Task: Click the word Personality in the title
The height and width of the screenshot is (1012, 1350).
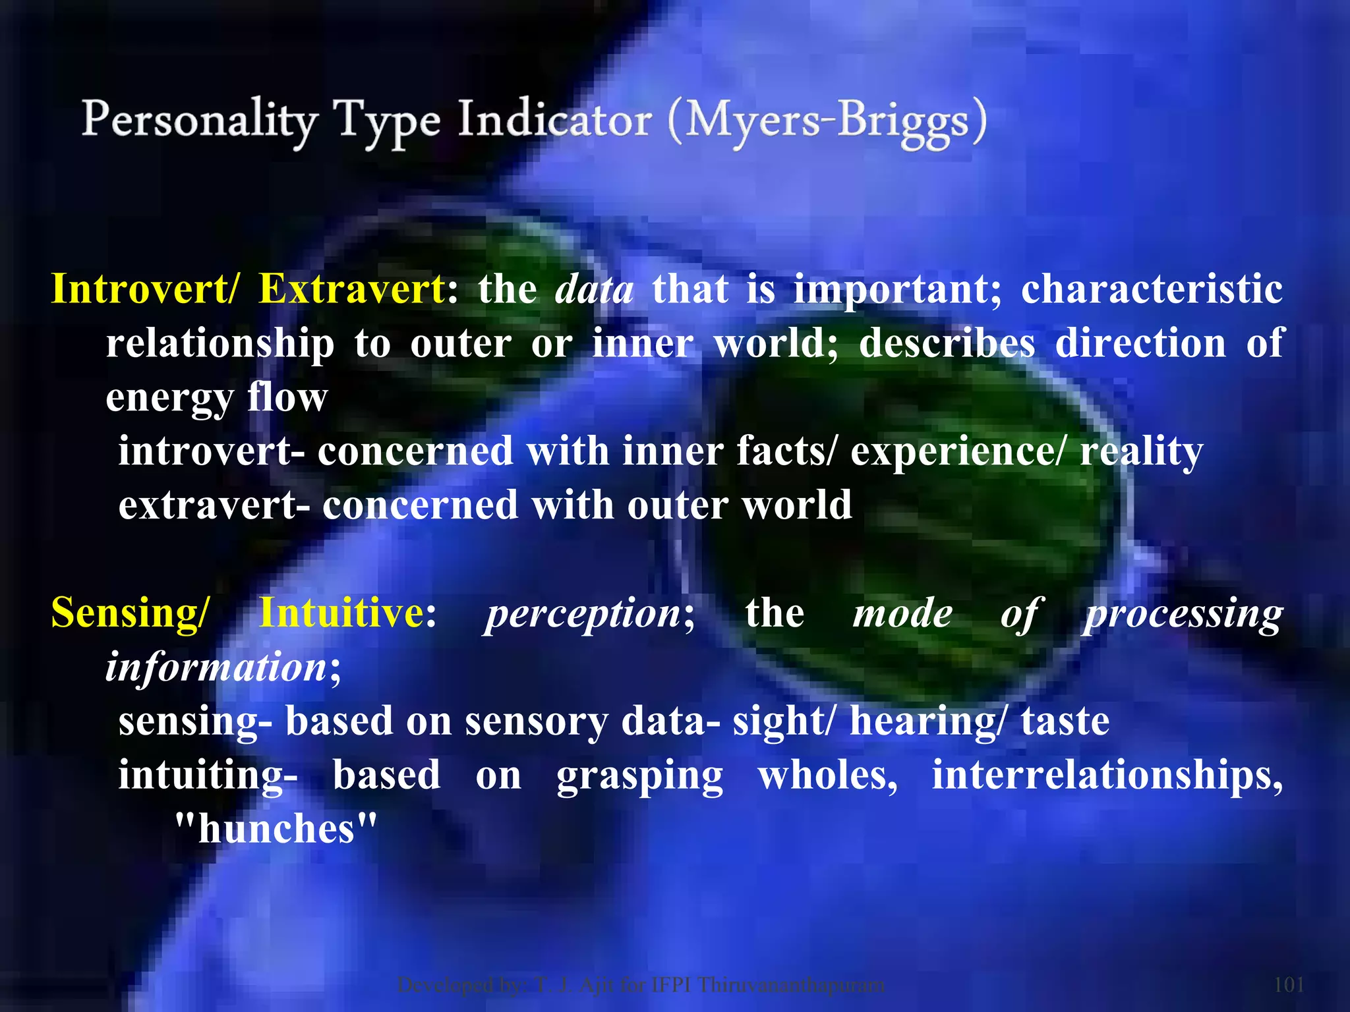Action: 198,121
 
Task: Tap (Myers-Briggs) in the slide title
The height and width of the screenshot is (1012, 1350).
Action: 827,123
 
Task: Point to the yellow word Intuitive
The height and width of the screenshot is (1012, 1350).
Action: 341,613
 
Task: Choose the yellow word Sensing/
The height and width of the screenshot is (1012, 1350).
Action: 129,613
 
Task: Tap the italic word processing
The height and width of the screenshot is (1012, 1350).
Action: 1184,614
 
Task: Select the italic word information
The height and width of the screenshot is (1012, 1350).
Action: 216,667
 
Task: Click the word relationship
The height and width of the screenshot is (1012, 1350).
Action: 220,344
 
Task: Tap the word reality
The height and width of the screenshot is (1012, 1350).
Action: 1141,452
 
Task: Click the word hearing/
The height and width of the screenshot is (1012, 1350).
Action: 927,721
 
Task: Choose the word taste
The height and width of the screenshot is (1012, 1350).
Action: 1065,721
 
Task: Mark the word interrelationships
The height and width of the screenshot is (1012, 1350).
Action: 1107,775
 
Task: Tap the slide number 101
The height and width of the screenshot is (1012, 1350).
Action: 1289,984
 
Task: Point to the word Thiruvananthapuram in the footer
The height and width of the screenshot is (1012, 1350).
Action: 791,984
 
